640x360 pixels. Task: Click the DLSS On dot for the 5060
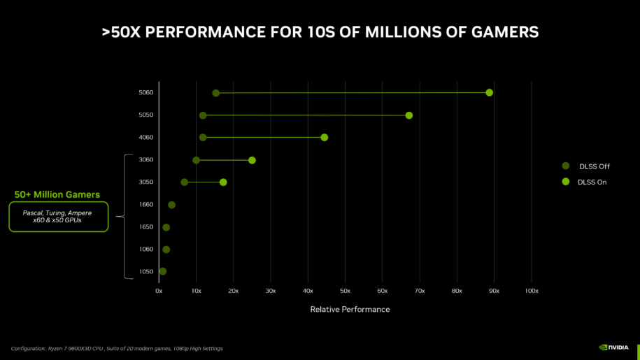tap(489, 93)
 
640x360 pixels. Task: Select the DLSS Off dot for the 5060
tap(215, 93)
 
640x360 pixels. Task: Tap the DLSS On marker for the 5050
tap(408, 115)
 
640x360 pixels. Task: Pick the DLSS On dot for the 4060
tap(324, 138)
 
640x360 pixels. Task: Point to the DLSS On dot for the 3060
tap(252, 160)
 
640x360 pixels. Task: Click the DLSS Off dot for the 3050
tap(184, 182)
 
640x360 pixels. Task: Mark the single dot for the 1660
tap(171, 205)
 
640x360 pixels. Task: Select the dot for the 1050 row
tap(163, 271)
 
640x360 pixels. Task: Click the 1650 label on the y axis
tap(145, 227)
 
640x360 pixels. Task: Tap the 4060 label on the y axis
tap(145, 138)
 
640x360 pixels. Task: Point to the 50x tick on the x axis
tap(345, 290)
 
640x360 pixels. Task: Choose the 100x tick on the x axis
tap(532, 290)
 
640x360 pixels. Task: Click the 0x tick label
tap(159, 290)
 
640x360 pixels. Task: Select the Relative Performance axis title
tap(350, 309)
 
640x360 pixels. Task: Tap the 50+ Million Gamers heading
tap(57, 194)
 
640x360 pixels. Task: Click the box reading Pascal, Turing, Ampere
tap(58, 216)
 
